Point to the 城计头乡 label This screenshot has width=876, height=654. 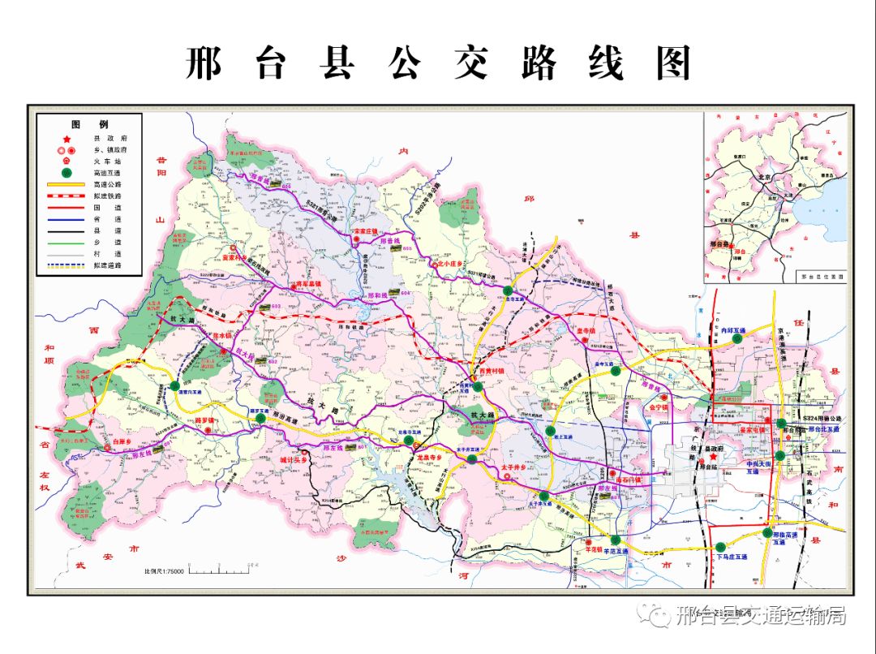(x=295, y=459)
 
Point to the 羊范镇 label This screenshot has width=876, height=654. (x=596, y=549)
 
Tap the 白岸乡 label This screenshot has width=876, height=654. (x=123, y=441)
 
